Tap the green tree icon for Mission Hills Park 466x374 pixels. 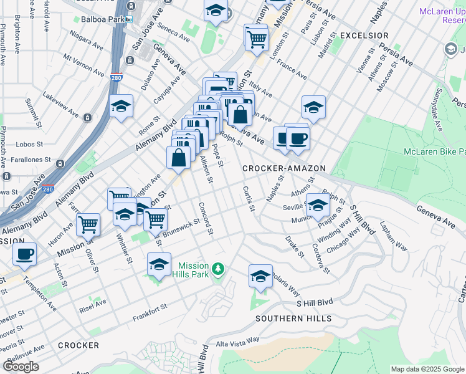coord(218,269)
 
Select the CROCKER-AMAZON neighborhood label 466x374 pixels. coord(284,168)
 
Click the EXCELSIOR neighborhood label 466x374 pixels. coord(364,36)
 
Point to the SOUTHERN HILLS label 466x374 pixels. coord(287,319)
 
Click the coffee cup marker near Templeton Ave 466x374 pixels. coord(24,254)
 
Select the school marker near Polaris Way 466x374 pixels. coord(260,277)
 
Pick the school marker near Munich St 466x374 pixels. coord(318,204)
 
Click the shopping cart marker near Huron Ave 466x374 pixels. coord(88,224)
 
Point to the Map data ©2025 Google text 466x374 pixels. coord(427,369)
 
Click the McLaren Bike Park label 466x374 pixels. coord(434,151)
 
